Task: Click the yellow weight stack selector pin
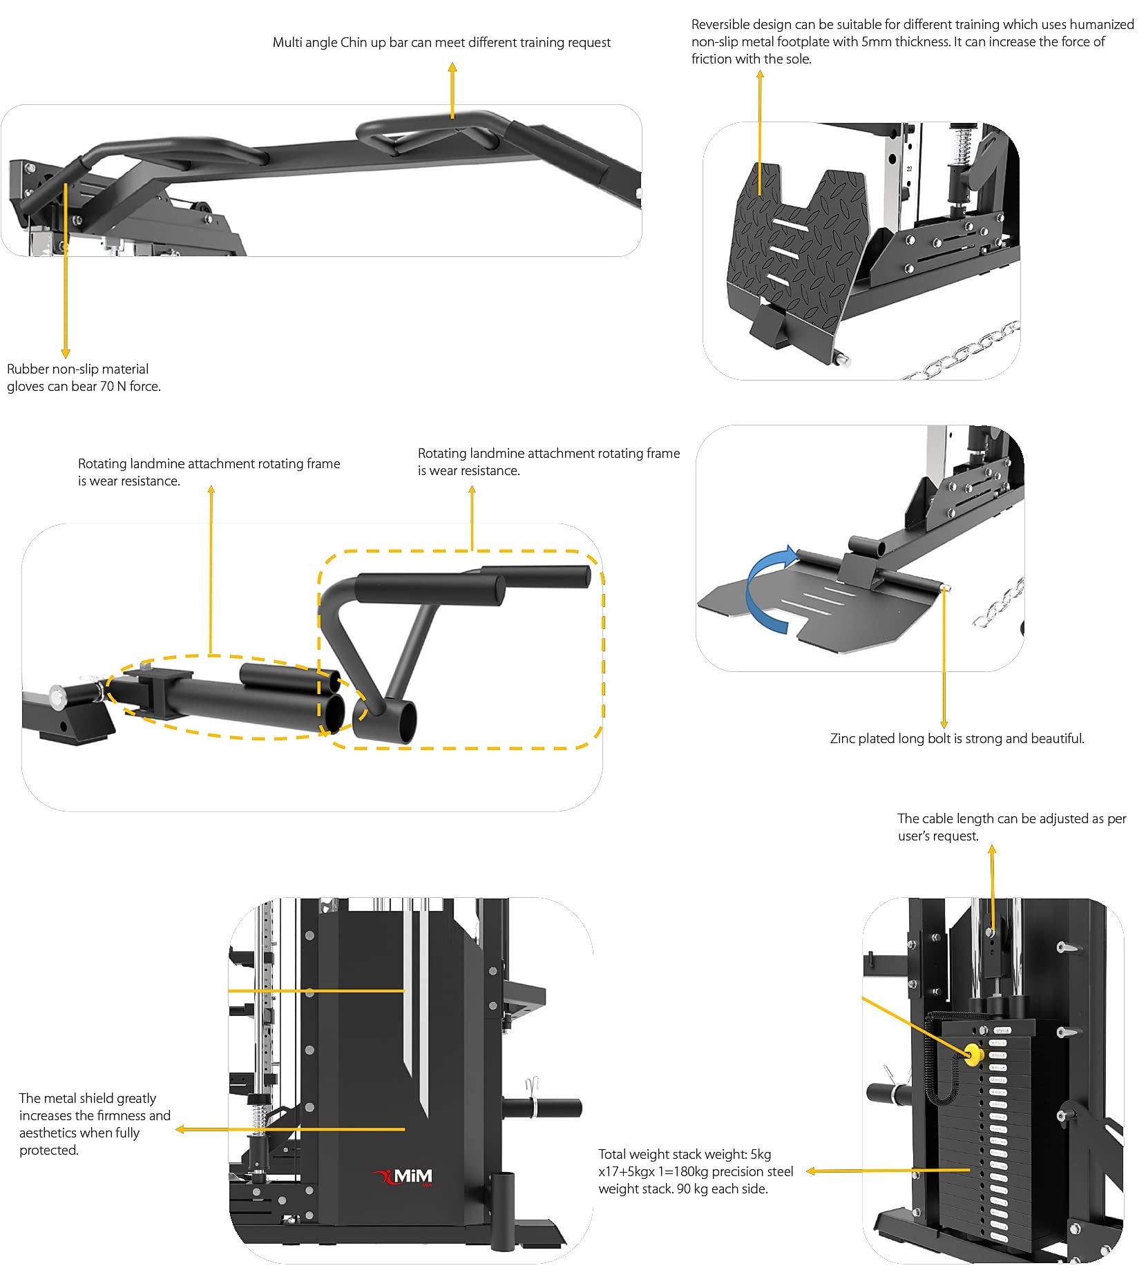pyautogui.click(x=973, y=1055)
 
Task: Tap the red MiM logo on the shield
pyautogui.click(x=403, y=1176)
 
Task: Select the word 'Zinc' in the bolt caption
pyautogui.click(x=842, y=738)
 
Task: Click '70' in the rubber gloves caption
pyautogui.click(x=107, y=387)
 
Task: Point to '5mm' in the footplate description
pyautogui.click(x=877, y=42)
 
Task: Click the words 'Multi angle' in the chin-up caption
pyautogui.click(x=305, y=43)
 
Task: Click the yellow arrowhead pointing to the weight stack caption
pyautogui.click(x=812, y=1171)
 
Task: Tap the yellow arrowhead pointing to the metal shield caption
pyautogui.click(x=180, y=1129)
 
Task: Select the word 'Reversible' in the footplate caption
pyautogui.click(x=720, y=25)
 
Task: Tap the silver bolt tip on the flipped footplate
pyautogui.click(x=947, y=588)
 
